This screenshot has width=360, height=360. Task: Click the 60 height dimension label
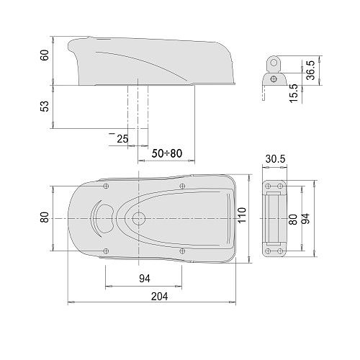coord(45,55)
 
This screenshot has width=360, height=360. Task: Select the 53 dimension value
coord(45,107)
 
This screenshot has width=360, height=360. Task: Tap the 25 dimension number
coord(122,139)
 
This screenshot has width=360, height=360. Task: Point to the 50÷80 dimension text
coord(167,153)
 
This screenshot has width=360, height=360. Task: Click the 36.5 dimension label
coord(311,70)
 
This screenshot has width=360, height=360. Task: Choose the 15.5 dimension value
coord(294,94)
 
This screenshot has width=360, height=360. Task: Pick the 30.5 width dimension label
coord(275,159)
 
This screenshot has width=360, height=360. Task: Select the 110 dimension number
coord(242,215)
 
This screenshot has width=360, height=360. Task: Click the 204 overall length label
coord(159,297)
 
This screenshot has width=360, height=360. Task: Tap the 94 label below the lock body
coord(145,279)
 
